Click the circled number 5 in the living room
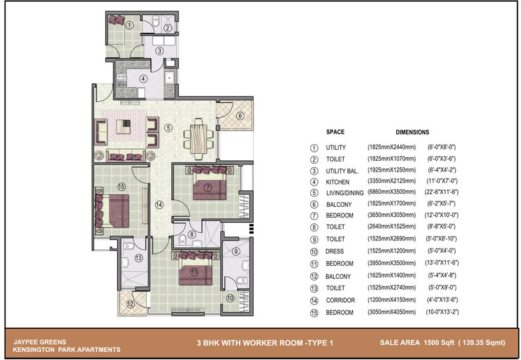pos(168,128)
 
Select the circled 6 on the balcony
pos(240,115)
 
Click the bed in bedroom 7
pos(210,186)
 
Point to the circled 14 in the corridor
pos(159,205)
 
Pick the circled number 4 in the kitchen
pos(143,79)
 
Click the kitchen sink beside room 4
pos(169,78)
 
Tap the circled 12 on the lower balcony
pos(130,304)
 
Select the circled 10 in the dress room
pos(230,298)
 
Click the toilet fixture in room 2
pos(156,22)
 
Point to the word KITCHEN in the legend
pos(337,182)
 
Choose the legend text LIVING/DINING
pos(344,193)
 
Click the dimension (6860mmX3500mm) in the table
pos(391,192)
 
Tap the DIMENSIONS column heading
pos(412,133)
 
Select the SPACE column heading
pos(335,132)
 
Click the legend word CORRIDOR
pos(340,300)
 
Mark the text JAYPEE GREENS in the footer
pos(39,342)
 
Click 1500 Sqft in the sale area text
pos(439,343)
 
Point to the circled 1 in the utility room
pos(130,25)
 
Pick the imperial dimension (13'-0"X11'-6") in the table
pos(442,263)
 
